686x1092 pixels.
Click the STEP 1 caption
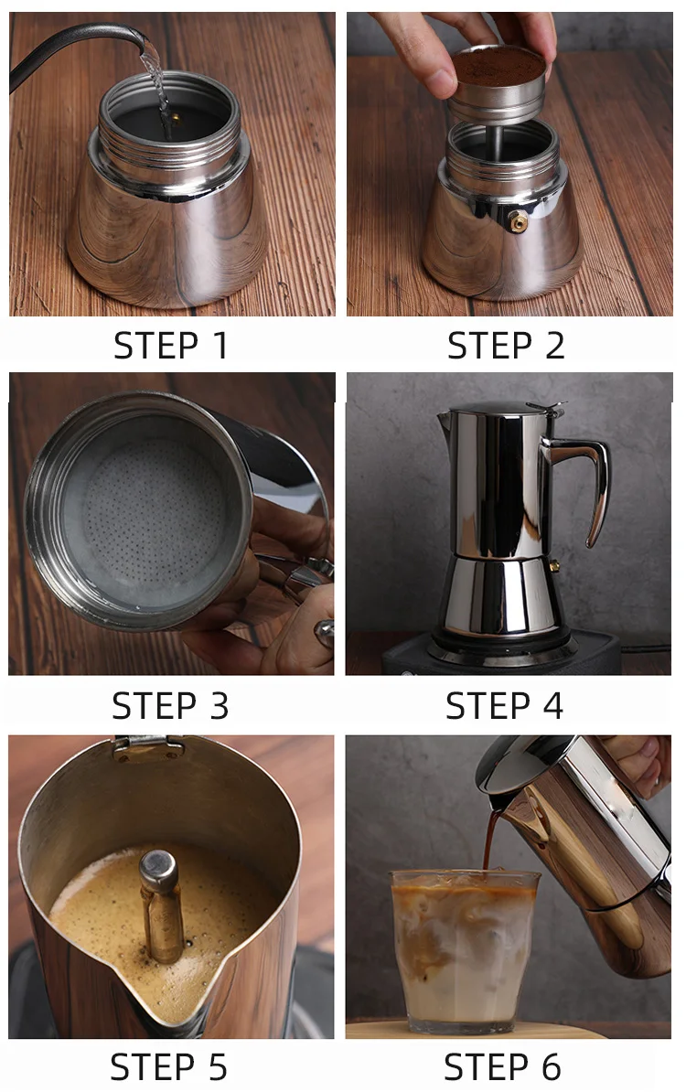tap(171, 346)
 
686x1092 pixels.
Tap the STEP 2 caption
tap(506, 346)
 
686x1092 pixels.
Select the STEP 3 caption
tap(171, 705)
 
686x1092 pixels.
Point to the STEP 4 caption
tap(504, 705)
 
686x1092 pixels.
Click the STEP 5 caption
tap(168, 1066)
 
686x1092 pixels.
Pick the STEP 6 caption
tap(502, 1066)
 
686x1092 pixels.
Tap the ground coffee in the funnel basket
tap(498, 67)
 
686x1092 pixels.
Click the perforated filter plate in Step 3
tap(151, 512)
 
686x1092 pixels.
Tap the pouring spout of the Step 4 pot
tap(445, 421)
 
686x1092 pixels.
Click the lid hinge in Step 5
tap(148, 747)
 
